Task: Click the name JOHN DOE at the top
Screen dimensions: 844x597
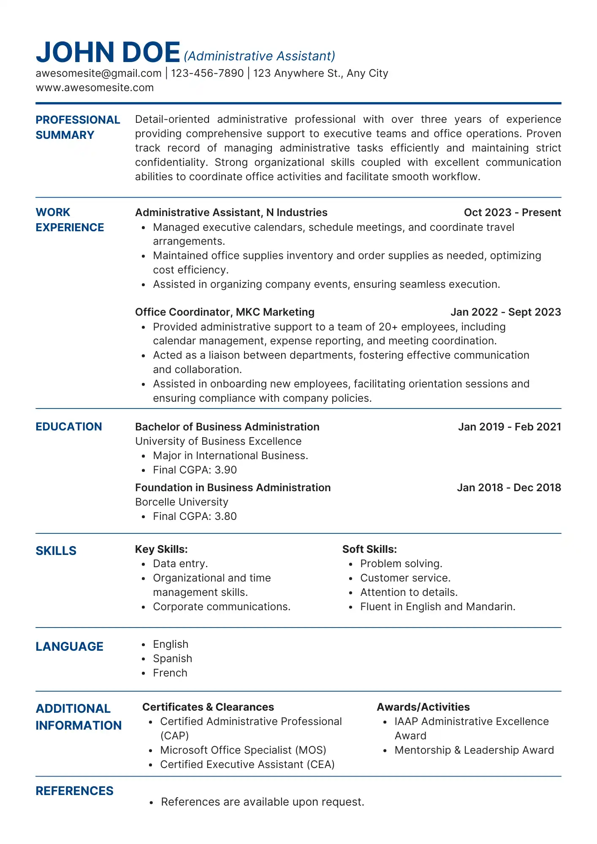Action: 108,52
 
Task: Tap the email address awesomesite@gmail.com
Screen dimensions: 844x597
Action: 98,73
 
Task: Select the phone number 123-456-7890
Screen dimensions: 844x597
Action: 207,73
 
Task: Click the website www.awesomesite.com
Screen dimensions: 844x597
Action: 95,88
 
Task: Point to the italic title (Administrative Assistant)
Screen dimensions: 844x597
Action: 259,56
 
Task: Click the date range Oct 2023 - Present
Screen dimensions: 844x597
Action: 512,212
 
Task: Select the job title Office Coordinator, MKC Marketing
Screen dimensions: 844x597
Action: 225,312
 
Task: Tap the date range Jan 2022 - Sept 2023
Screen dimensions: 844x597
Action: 505,312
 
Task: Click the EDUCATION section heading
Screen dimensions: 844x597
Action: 69,427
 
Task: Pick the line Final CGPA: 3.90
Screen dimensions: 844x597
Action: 195,470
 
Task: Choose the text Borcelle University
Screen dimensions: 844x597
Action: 182,502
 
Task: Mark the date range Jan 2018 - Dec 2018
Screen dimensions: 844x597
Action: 509,487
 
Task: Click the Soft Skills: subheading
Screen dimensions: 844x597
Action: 369,549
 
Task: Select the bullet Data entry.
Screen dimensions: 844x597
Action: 180,563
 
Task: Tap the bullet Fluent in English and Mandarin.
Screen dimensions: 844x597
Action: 438,606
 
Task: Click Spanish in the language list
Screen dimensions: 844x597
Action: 172,658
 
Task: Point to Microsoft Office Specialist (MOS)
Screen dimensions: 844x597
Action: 243,750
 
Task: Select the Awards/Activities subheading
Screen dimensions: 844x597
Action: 423,707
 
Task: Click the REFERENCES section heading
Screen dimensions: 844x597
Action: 74,791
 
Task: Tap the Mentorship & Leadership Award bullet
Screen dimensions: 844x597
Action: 474,750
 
